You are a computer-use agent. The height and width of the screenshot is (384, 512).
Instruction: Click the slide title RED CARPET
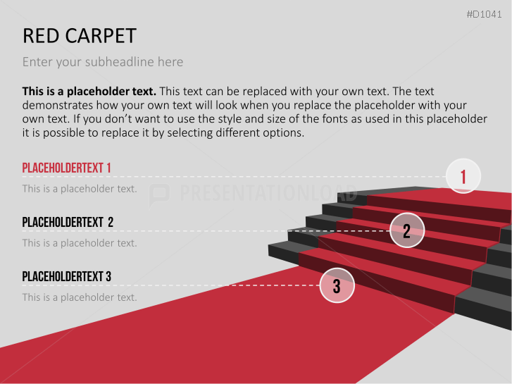80,36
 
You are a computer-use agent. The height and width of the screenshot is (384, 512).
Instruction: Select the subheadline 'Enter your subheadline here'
103,62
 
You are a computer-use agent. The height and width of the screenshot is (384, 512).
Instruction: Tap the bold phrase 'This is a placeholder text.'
89,92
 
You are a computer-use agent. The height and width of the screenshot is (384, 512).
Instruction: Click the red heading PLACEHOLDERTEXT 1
67,168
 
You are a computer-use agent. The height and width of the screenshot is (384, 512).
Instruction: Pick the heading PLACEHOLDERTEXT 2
68,223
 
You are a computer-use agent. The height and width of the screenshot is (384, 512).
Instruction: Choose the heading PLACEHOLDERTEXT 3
67,277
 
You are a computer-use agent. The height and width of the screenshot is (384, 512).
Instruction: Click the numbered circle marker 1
463,176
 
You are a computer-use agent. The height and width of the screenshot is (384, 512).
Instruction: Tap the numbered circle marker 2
407,230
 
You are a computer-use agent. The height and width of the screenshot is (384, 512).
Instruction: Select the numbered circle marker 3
337,286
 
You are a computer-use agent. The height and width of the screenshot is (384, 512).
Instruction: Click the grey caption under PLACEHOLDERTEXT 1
80,189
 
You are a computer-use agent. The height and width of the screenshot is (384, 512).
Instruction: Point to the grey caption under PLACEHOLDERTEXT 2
80,243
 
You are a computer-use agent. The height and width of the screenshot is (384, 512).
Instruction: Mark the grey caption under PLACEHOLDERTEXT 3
80,297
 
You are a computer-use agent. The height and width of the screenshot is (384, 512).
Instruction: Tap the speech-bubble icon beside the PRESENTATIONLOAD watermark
160,194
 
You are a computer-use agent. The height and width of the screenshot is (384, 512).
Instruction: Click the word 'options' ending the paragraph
283,133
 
